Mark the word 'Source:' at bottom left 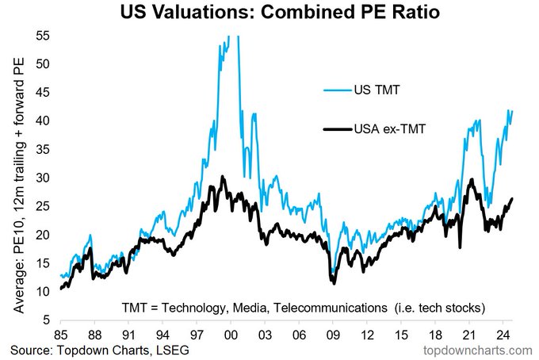[32, 350]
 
